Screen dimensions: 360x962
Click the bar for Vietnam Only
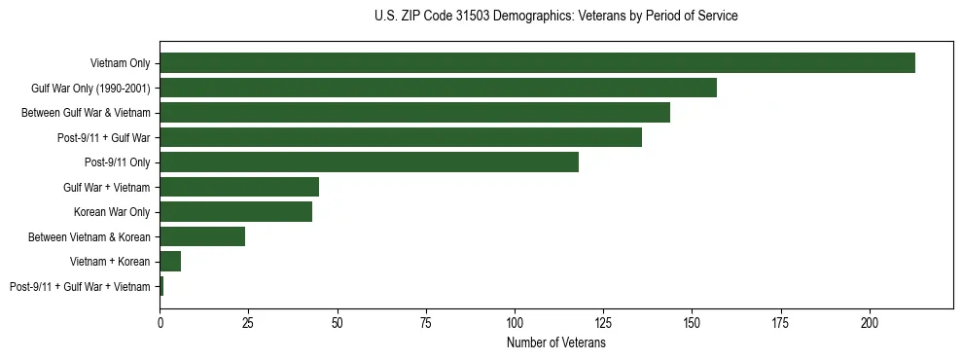tap(537, 63)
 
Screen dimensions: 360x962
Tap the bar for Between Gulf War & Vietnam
tap(414, 113)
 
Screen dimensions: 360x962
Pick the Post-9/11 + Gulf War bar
tap(401, 137)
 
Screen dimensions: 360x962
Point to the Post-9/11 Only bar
tap(369, 162)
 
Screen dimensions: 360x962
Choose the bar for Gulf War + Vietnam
tap(239, 187)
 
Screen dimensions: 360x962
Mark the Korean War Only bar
tap(235, 212)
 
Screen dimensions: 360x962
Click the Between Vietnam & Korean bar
tap(202, 236)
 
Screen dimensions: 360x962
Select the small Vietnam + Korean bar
tap(170, 262)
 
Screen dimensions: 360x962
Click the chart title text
tap(555, 17)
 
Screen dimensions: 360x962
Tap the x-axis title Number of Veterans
tap(555, 343)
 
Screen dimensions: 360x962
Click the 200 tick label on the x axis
tap(869, 320)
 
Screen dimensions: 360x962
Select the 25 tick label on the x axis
tap(248, 320)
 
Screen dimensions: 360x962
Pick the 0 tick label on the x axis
tap(160, 320)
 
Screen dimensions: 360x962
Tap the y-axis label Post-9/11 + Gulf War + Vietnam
tap(80, 287)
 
